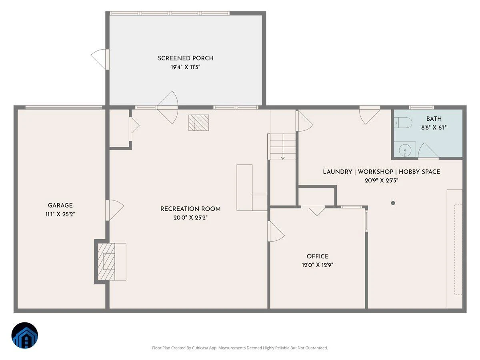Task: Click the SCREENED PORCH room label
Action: pyautogui.click(x=186, y=58)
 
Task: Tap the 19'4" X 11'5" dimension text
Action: pyautogui.click(x=186, y=67)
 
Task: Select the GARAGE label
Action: pyautogui.click(x=60, y=206)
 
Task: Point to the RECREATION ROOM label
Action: pyautogui.click(x=190, y=209)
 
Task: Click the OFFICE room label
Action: pyautogui.click(x=318, y=256)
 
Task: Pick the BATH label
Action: pyautogui.click(x=434, y=119)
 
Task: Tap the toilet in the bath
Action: pyautogui.click(x=403, y=123)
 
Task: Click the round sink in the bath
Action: pyautogui.click(x=405, y=150)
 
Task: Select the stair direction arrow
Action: pyautogui.click(x=283, y=147)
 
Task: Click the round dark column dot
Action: pyautogui.click(x=393, y=203)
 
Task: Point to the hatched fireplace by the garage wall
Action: pyautogui.click(x=106, y=262)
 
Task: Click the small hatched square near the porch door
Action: pyautogui.click(x=198, y=123)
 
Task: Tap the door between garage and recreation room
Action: pyautogui.click(x=114, y=210)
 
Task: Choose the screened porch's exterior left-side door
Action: pyautogui.click(x=100, y=60)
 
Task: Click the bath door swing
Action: pyautogui.click(x=428, y=151)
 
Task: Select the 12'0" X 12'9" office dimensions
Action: pyautogui.click(x=318, y=265)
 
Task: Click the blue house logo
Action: pyautogui.click(x=25, y=336)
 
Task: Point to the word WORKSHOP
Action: pyautogui.click(x=376, y=172)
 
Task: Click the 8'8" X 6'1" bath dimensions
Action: pyautogui.click(x=434, y=128)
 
